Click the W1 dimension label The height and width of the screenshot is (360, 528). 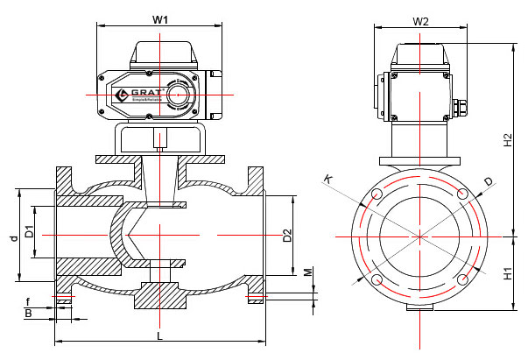160,18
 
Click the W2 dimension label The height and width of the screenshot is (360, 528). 420,20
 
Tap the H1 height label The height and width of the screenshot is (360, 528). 508,272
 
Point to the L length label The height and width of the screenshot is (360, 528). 158,335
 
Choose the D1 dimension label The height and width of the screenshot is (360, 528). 29,232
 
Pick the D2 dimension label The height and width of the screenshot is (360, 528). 286,235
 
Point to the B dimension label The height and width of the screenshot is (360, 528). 28,312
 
